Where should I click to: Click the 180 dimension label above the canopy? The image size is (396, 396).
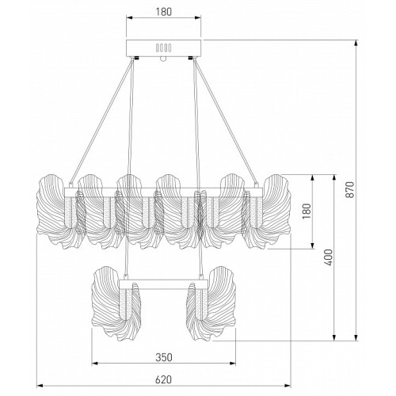(164, 12)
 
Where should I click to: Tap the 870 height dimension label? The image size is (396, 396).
(349, 189)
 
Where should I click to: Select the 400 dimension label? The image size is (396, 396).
(329, 257)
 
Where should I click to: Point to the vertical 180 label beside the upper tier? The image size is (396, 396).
(307, 211)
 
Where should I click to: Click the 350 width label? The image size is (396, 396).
(164, 357)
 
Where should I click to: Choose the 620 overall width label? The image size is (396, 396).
(163, 379)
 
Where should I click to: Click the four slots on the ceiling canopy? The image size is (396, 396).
(164, 48)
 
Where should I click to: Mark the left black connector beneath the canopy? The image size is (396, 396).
(136, 58)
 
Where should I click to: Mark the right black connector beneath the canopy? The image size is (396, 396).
(191, 58)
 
